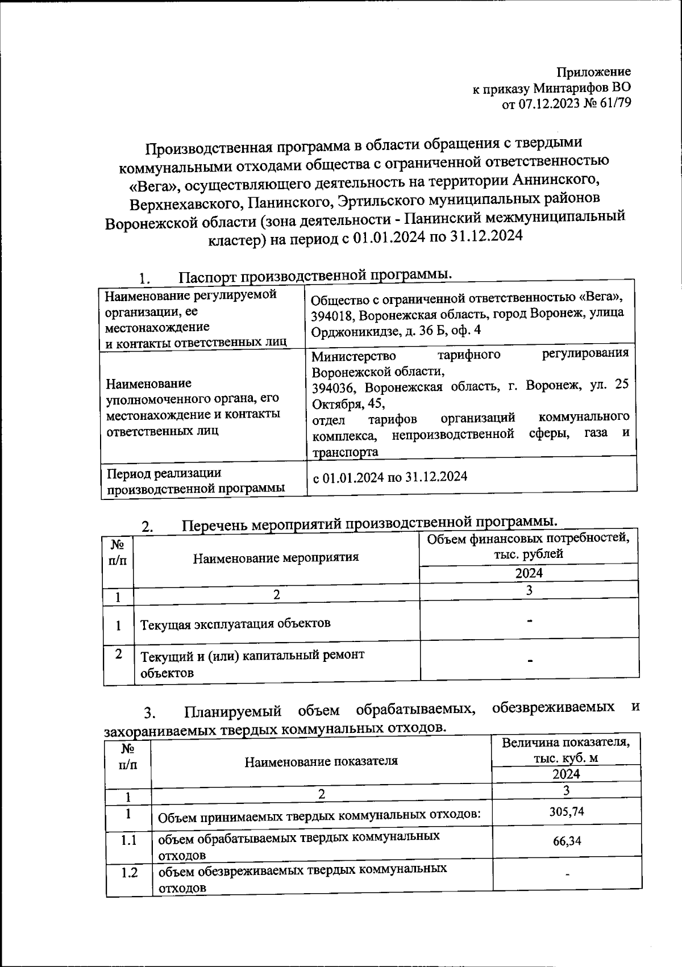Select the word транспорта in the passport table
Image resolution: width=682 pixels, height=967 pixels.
point(345,452)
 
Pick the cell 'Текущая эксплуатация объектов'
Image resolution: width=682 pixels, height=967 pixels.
point(235,623)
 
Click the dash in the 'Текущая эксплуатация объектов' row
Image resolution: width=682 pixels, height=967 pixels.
point(529,622)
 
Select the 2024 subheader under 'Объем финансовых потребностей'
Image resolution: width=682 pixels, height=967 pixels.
point(529,573)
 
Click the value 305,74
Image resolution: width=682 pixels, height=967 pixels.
point(567,812)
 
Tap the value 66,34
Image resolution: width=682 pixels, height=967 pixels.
point(567,841)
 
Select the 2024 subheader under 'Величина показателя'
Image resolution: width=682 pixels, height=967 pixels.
point(566,774)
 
